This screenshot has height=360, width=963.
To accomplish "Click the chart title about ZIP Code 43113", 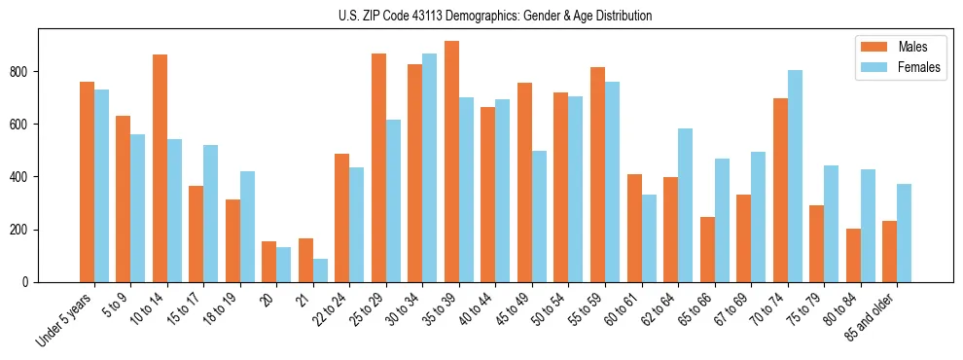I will coord(481,16).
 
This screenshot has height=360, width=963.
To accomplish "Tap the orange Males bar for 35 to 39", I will coord(451,162).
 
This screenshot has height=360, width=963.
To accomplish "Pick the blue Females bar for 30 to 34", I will coord(430,167).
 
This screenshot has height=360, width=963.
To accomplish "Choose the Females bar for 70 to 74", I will coord(795,176).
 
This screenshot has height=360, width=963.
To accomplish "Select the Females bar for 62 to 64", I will coord(685,205).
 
